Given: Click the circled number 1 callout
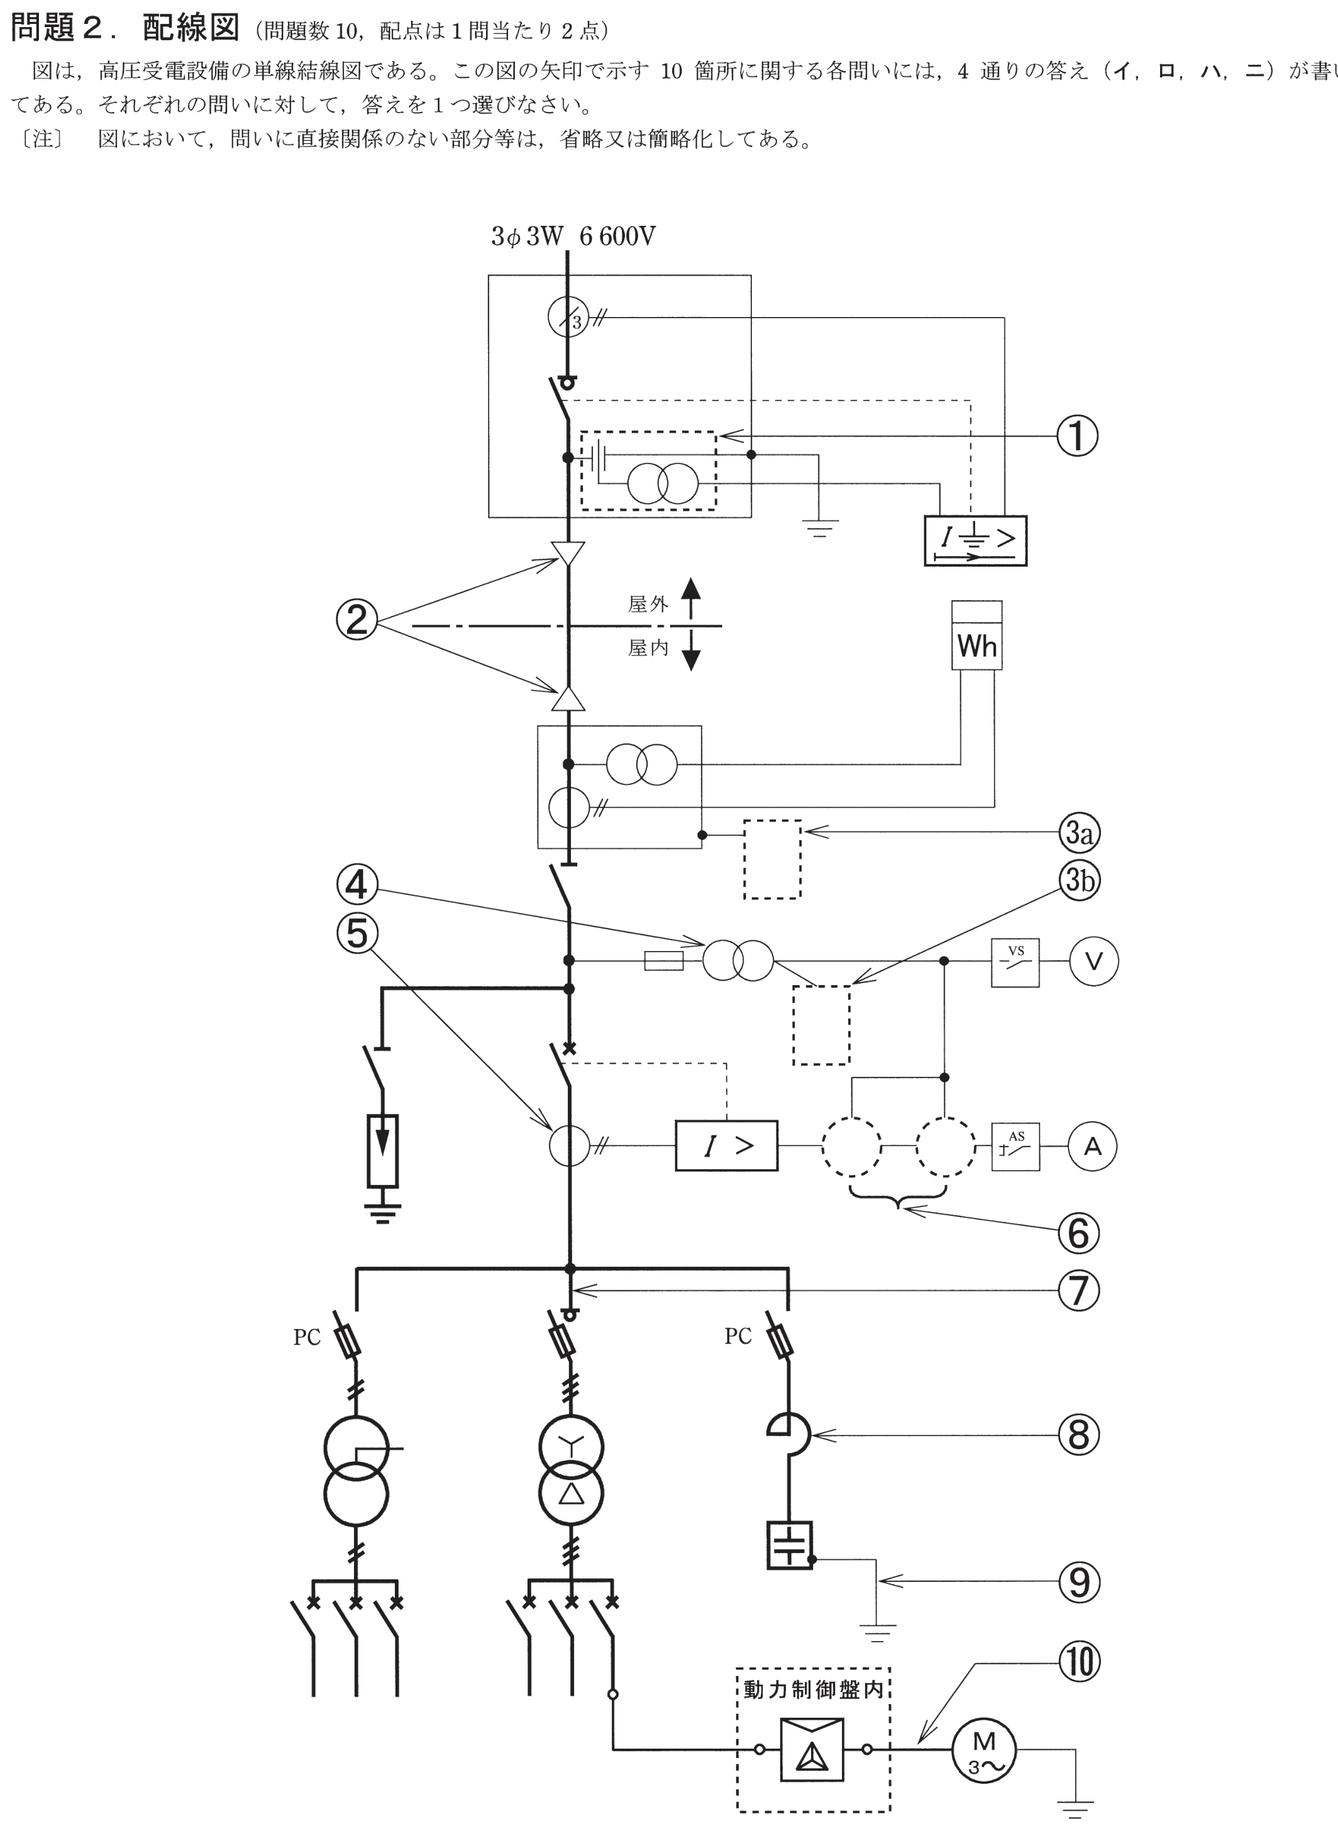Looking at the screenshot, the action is pyautogui.click(x=1077, y=436).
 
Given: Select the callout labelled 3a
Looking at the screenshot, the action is pyautogui.click(x=1079, y=832).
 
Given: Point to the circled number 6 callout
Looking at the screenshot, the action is pyautogui.click(x=1079, y=1233).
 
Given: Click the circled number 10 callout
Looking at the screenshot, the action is pyautogui.click(x=1079, y=1661).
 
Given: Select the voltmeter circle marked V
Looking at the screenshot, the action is pyautogui.click(x=1093, y=961).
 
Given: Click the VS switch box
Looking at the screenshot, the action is pyautogui.click(x=1015, y=962).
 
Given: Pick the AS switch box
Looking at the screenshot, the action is pyautogui.click(x=1015, y=1147).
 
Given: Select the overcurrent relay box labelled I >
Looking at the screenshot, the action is pyautogui.click(x=726, y=1145).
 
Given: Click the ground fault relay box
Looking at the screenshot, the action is pyautogui.click(x=976, y=540).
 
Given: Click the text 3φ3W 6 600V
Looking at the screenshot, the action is pyautogui.click(x=573, y=236).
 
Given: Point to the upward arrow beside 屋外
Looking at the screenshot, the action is pyautogui.click(x=690, y=599).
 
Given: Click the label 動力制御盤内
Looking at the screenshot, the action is pyautogui.click(x=813, y=1690).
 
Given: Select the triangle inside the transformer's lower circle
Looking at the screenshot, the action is pyautogui.click(x=571, y=1493).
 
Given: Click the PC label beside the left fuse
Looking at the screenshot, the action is pyautogui.click(x=307, y=1337).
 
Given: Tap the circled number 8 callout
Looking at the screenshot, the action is pyautogui.click(x=1079, y=1435).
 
